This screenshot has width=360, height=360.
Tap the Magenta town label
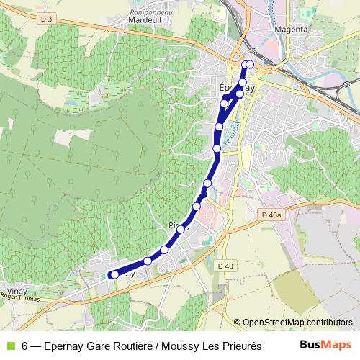[292, 30]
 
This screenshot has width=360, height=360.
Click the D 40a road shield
[271, 215]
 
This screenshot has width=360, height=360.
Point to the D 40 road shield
[225, 266]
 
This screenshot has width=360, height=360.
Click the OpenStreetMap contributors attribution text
[297, 322]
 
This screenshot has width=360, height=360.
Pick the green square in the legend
[9, 346]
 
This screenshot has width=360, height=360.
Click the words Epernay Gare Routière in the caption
[96, 346]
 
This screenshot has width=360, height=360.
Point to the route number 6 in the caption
[25, 346]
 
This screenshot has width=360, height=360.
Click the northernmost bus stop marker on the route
[249, 65]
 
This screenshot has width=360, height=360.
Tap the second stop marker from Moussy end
[148, 261]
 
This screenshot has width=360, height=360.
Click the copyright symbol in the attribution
[238, 322]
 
